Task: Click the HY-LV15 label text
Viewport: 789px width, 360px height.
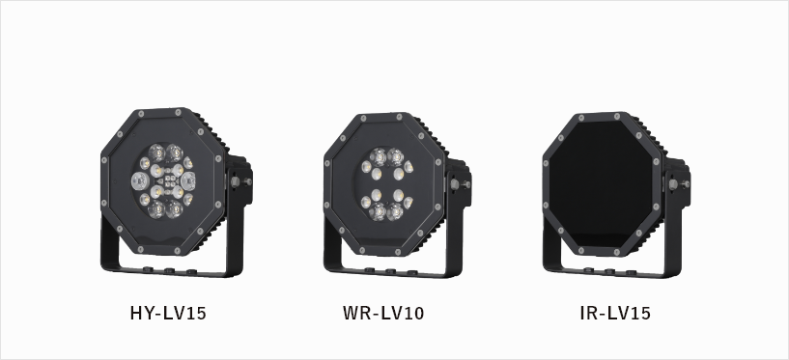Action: [168, 314]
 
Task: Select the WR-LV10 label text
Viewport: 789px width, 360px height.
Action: [383, 314]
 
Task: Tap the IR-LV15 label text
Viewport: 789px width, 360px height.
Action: [615, 314]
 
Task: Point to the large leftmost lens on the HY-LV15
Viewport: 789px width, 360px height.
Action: [140, 181]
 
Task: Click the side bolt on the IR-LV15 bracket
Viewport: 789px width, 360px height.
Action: [675, 184]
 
